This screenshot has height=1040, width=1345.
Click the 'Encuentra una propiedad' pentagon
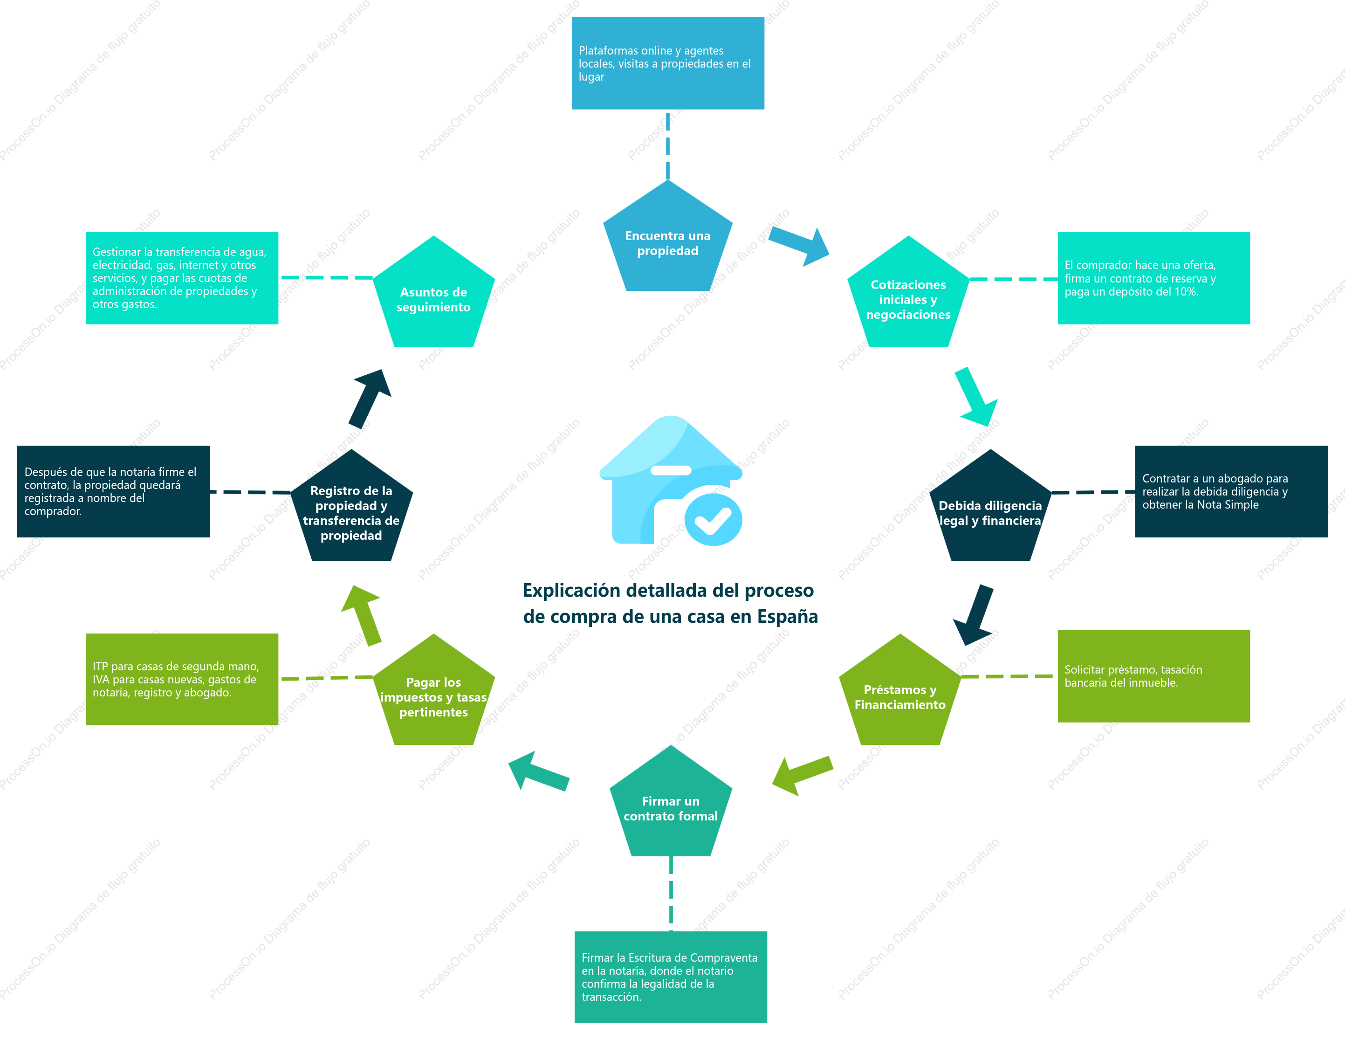[667, 240]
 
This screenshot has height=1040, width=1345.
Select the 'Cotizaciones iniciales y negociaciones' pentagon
[908, 296]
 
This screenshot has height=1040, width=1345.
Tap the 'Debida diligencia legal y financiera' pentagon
[990, 510]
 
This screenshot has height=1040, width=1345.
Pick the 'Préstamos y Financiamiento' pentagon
[900, 694]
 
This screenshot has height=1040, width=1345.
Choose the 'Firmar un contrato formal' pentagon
[671, 805]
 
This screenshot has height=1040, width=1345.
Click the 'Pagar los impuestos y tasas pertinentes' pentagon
[433, 694]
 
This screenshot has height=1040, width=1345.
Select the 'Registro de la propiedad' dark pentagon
[351, 510]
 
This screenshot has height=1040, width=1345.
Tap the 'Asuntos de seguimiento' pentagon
[433, 296]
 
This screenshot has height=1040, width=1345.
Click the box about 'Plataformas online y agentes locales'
[667, 63]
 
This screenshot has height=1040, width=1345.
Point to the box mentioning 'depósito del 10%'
[1153, 278]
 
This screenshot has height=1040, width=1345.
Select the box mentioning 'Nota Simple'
[1231, 491]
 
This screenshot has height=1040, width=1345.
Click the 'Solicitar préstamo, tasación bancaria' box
[1153, 676]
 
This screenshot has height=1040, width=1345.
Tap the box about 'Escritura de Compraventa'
[671, 977]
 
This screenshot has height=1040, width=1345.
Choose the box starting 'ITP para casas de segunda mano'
[182, 679]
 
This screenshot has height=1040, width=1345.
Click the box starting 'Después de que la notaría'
[113, 491]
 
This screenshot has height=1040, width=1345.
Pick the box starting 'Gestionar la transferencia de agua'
[182, 278]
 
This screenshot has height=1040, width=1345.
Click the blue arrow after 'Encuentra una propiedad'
[799, 246]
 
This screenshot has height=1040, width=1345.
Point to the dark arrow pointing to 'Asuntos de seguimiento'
[370, 399]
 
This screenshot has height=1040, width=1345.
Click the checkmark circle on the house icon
[713, 519]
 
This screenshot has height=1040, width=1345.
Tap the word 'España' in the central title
[788, 616]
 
